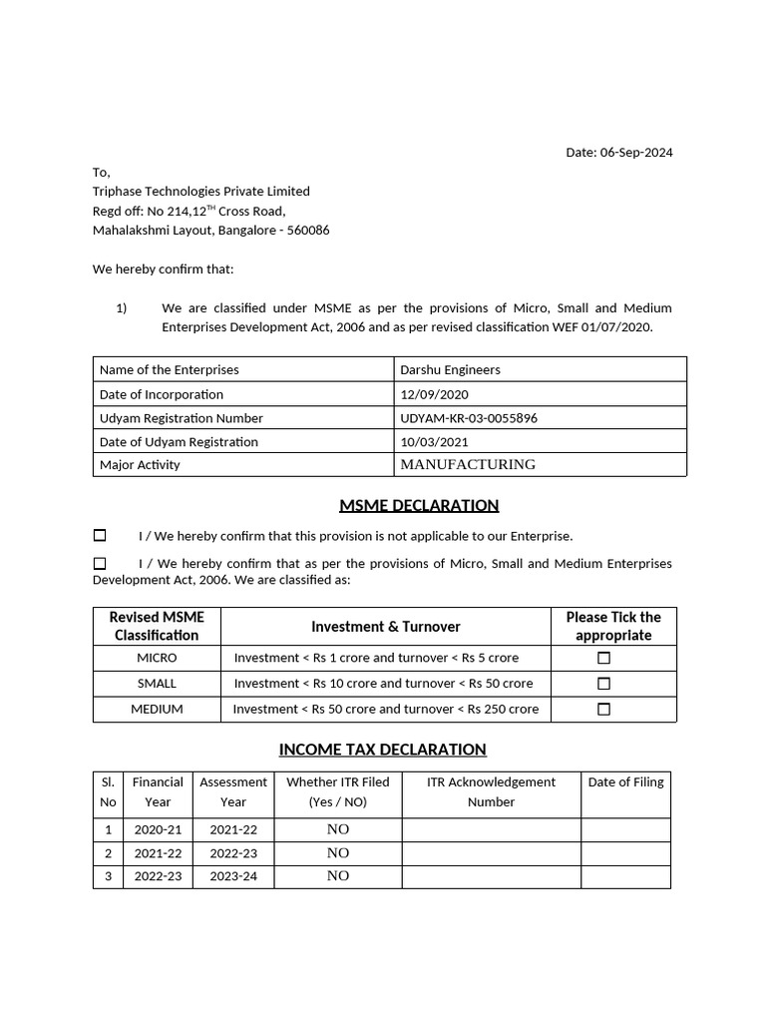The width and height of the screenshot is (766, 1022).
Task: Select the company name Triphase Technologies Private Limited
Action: [200, 191]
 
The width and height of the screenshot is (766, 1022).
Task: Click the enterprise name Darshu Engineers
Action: [450, 369]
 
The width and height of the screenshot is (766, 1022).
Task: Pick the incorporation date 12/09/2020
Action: [434, 394]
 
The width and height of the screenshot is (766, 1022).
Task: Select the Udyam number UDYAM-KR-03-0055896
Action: [468, 418]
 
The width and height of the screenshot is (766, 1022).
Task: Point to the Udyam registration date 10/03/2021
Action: [434, 441]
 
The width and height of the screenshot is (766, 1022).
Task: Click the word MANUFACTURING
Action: [468, 464]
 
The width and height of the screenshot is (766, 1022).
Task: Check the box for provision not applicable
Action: [100, 536]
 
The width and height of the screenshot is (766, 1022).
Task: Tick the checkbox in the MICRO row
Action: [603, 659]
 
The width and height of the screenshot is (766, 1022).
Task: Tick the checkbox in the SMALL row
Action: [603, 684]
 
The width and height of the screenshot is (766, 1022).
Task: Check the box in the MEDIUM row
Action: [603, 710]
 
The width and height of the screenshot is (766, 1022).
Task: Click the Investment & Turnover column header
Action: [386, 627]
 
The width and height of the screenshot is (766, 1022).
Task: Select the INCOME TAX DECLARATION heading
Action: [382, 750]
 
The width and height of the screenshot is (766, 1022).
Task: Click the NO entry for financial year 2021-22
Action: [338, 853]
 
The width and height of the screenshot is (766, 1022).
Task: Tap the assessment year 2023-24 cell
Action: [233, 876]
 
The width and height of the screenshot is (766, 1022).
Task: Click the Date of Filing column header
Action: [625, 782]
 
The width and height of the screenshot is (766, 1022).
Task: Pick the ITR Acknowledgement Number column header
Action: [491, 791]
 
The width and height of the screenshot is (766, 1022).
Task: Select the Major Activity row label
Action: [140, 465]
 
